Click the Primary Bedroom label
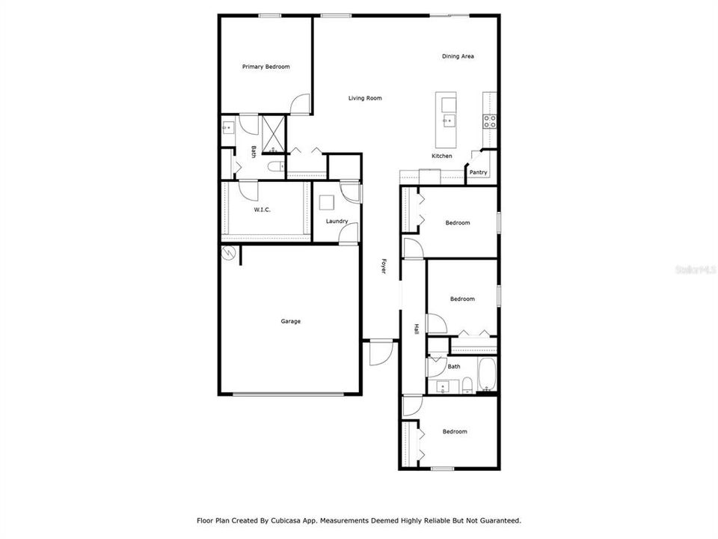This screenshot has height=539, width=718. (266, 67)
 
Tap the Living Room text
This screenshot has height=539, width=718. (365, 98)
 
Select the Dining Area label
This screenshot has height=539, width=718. (458, 56)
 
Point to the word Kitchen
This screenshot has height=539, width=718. (442, 156)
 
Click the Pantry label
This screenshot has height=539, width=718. (478, 172)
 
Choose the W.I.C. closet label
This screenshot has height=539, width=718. (262, 210)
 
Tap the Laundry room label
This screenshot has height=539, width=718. (337, 222)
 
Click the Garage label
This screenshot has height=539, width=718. (291, 321)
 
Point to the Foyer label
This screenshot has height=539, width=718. (384, 267)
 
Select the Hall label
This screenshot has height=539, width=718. (417, 329)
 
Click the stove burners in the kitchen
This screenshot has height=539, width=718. (489, 121)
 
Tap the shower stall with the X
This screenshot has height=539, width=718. (274, 134)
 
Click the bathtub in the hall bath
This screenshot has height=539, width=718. (486, 374)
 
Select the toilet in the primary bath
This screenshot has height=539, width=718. (277, 166)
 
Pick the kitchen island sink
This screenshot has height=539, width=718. (448, 121)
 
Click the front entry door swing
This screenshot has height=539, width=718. (381, 353)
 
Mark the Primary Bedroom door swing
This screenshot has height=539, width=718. (300, 104)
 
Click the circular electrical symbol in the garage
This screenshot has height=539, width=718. (229, 254)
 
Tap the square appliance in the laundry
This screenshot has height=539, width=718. (327, 203)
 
